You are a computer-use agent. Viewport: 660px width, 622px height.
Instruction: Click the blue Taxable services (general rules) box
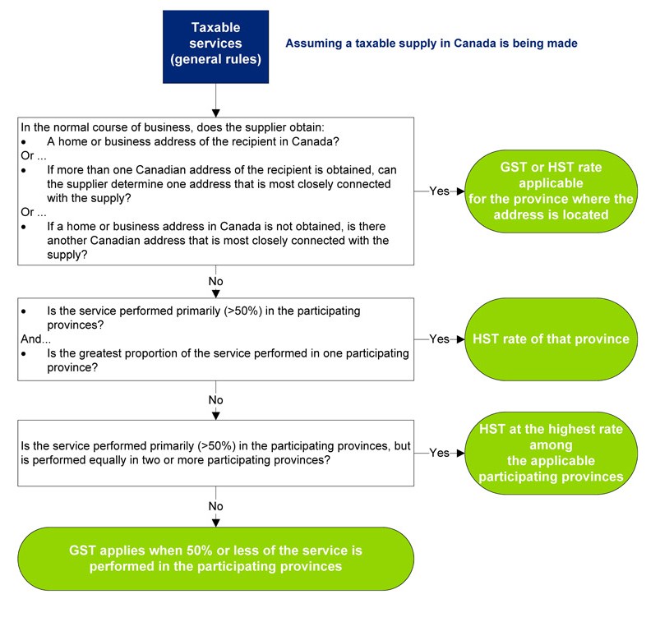coord(215,47)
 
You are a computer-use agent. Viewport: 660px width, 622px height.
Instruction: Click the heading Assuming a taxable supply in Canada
coord(432,44)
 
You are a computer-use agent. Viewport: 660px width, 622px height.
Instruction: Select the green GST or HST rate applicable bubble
coord(551,191)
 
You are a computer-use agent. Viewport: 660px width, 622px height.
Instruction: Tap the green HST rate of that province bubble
coord(551,339)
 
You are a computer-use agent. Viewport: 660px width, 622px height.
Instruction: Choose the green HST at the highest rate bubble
coord(551,453)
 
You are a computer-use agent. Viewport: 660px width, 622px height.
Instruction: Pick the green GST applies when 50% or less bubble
coord(215,559)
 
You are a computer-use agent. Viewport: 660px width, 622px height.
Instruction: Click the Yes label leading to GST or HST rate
coord(439,191)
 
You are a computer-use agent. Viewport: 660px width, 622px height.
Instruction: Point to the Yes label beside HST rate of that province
coord(439,339)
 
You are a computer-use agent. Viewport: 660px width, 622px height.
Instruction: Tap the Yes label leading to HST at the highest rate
coord(439,453)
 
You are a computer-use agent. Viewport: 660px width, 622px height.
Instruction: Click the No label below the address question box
coord(215,281)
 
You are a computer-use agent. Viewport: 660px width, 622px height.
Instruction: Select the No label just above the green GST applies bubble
coord(215,506)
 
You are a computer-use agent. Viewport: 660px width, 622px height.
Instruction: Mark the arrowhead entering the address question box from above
coord(215,113)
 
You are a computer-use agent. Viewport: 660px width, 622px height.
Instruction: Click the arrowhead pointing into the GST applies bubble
coord(215,523)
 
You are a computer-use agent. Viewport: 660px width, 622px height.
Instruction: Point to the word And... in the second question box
coord(36,339)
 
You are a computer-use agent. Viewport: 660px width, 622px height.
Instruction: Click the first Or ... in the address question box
coord(34,156)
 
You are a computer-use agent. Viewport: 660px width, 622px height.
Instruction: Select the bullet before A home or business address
coord(24,142)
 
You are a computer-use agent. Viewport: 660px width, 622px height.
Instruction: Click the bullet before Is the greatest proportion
coord(24,354)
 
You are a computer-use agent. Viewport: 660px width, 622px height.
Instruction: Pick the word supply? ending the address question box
coord(67,255)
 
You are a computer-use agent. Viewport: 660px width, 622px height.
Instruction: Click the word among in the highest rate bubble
coord(551,445)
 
